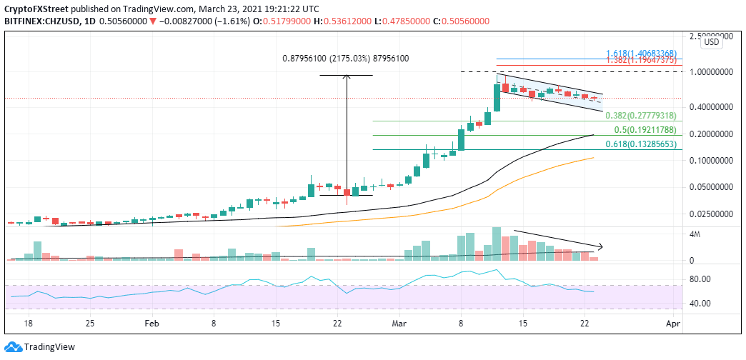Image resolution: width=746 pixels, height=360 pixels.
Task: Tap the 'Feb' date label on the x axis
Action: [x=151, y=324]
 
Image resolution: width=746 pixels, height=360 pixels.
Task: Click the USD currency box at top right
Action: [x=712, y=42]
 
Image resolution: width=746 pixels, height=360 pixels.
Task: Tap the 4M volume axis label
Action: [x=715, y=234]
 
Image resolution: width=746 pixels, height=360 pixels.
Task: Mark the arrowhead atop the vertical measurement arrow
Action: [x=347, y=77]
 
